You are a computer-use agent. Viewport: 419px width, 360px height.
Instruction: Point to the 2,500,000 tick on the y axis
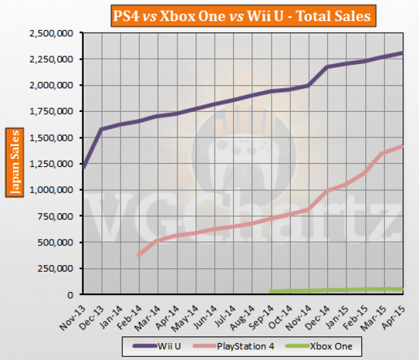pos(53,33)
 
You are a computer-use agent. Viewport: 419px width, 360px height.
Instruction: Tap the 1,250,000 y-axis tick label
pos(53,164)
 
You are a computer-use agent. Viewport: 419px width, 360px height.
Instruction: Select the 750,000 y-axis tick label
pos(58,216)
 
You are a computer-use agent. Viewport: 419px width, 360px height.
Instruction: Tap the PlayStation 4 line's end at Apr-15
pos(402,146)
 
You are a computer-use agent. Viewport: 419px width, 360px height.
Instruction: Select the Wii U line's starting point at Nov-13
pos(83,168)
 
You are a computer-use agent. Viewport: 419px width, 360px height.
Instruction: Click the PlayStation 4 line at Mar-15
pos(383,153)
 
